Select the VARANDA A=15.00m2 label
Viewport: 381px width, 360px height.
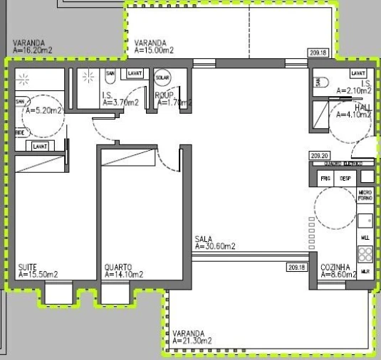pyautogui.click(x=155, y=46)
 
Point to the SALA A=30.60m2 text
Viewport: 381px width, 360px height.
pyautogui.click(x=215, y=243)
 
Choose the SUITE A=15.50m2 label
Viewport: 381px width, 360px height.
pyautogui.click(x=38, y=270)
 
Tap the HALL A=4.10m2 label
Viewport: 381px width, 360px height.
pyautogui.click(x=355, y=110)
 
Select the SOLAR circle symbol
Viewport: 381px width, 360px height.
pyautogui.click(x=162, y=78)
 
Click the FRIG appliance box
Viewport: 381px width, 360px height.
pyautogui.click(x=325, y=178)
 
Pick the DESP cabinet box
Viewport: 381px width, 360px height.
pyautogui.click(x=345, y=178)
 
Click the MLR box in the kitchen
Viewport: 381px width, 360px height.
pyautogui.click(x=365, y=271)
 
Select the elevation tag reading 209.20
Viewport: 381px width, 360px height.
pyautogui.click(x=318, y=154)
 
